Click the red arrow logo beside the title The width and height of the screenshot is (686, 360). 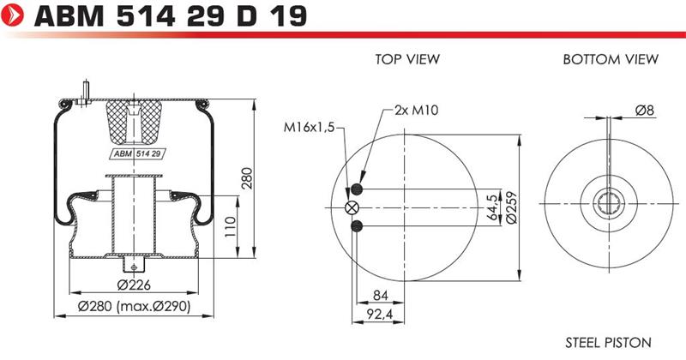[x=12, y=15]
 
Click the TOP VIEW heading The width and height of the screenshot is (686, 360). [x=407, y=59]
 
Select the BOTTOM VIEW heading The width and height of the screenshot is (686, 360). [x=611, y=59]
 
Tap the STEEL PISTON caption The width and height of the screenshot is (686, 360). [x=608, y=342]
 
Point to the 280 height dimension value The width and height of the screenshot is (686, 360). [x=247, y=178]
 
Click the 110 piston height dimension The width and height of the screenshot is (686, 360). [x=231, y=226]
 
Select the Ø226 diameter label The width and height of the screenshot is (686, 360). [x=134, y=285]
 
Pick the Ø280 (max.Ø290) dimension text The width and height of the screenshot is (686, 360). [x=135, y=306]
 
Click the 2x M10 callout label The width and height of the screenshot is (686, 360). [x=416, y=110]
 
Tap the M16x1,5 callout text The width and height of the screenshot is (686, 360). [x=309, y=128]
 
